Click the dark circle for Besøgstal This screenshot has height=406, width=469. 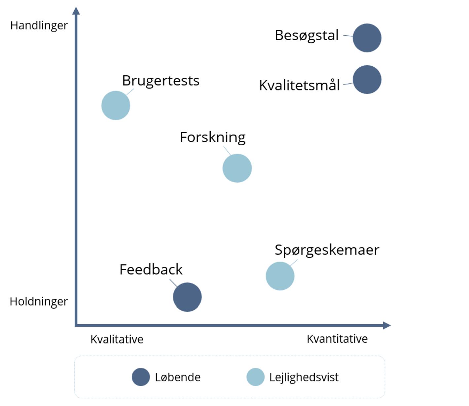coord(367,38)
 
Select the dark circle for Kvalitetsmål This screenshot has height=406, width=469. coord(367,80)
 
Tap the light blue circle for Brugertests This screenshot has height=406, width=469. coord(116,105)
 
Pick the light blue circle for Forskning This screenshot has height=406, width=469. coord(237,168)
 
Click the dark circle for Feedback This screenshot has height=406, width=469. coord(187,297)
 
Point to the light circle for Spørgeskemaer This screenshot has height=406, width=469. coord(280,276)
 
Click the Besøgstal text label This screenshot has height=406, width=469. coord(307,35)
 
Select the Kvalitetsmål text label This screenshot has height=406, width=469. coord(299,85)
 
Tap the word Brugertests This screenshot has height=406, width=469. coord(161,81)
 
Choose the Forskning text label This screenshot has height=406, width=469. coord(213,137)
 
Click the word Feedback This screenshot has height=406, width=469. coord(151,270)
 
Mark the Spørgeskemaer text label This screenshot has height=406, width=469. coord(327,250)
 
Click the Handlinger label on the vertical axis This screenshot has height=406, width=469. coord(39,25)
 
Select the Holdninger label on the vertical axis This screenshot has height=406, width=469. coord(39,301)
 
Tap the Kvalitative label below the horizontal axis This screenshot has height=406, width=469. coord(117,339)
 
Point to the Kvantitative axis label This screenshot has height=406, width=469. coord(337,339)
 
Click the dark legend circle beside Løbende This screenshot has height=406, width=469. coord(141,377)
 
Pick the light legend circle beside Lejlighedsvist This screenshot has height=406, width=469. coord(256,377)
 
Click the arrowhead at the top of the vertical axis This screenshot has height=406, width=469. coord(76,11)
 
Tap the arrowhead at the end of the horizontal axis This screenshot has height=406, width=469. coord(387,325)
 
